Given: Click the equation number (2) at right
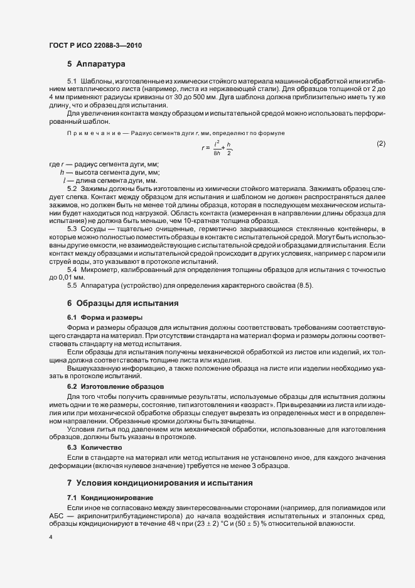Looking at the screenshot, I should (x=380, y=144).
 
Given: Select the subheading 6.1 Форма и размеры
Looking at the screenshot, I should (x=104, y=317).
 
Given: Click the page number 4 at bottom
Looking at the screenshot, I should (x=50, y=538).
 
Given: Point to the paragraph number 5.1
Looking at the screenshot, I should (x=72, y=82).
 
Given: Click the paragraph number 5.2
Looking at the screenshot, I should (x=72, y=188).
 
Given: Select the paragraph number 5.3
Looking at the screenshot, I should (x=72, y=229).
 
